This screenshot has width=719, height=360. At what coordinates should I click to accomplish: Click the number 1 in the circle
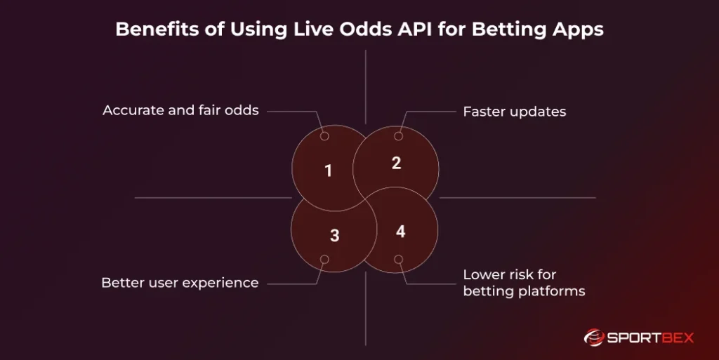click(328, 171)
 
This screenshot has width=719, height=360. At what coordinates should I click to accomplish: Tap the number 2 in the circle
click(396, 163)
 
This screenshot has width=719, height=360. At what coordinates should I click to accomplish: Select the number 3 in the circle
click(334, 236)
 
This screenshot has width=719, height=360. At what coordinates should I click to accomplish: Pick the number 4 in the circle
click(400, 231)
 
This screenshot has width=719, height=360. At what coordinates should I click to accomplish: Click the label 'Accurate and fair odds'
click(180, 110)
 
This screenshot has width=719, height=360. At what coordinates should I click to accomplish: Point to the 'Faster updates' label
click(514, 112)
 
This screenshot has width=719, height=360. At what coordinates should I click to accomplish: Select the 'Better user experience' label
click(180, 283)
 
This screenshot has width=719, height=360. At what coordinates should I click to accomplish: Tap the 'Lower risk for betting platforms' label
click(523, 282)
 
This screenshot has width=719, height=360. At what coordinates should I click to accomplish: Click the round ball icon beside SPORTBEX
click(594, 338)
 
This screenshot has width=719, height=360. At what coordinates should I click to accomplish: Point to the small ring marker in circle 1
click(324, 136)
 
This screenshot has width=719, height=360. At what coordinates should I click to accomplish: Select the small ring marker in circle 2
click(398, 136)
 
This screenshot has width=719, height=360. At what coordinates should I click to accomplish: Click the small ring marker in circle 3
click(324, 259)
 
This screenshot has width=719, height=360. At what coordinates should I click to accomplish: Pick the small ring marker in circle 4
click(398, 259)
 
